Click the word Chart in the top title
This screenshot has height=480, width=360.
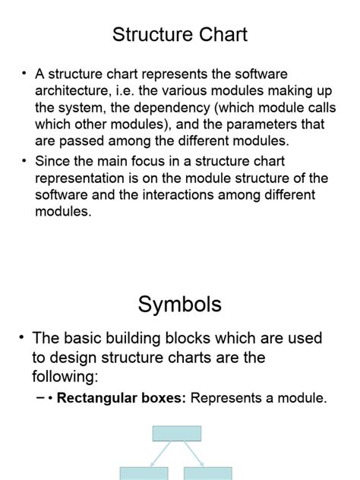(x=218, y=34)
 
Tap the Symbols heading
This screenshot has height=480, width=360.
(x=180, y=305)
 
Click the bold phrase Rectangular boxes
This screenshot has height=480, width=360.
(x=122, y=397)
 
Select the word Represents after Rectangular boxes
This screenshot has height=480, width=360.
(x=228, y=397)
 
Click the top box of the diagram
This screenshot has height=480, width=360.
(x=177, y=434)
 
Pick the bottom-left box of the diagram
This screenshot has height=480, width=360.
(x=144, y=473)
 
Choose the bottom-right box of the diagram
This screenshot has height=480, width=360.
(x=207, y=473)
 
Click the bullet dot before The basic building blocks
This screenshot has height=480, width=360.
(x=23, y=337)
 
